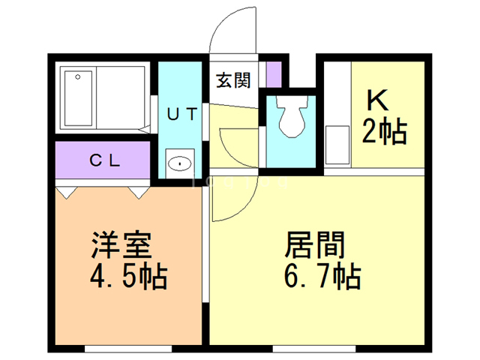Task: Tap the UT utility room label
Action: (182, 115)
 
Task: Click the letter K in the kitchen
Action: (377, 100)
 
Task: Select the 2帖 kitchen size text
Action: (385, 132)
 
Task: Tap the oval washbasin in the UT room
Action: (180, 162)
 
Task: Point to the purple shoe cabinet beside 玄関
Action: (273, 73)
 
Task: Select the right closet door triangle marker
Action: (139, 193)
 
